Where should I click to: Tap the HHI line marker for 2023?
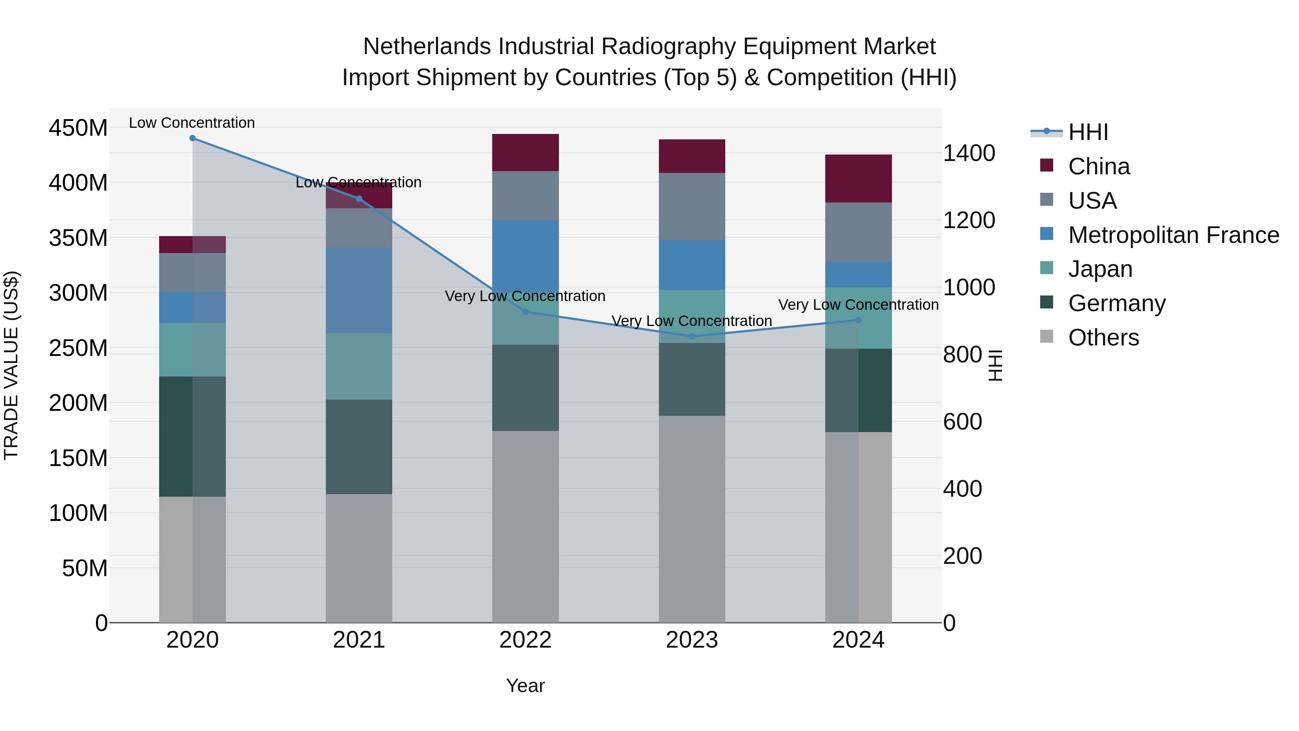(x=692, y=336)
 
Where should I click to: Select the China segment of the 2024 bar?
(x=858, y=179)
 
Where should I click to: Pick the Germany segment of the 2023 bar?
(x=692, y=379)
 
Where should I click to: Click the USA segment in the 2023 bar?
(x=692, y=206)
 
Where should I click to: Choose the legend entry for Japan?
(x=1100, y=269)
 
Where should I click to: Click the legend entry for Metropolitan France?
(x=1173, y=235)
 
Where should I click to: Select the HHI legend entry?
(x=1088, y=132)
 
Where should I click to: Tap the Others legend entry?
(x=1103, y=338)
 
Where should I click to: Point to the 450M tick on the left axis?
(x=78, y=128)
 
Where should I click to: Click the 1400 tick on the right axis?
(x=969, y=153)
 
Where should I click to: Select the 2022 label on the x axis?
(x=525, y=640)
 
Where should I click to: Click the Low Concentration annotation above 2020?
(x=192, y=123)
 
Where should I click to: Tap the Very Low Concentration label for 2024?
(x=858, y=305)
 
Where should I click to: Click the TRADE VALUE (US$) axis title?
(x=11, y=365)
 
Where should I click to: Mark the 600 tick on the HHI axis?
(x=962, y=422)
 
